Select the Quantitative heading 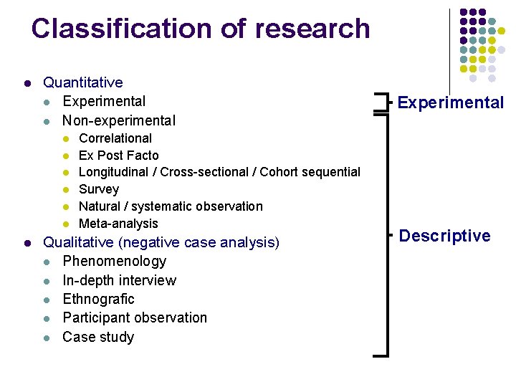83,83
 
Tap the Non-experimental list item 119,120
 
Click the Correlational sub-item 115,138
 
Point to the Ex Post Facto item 119,156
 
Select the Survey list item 99,189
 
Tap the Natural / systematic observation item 171,206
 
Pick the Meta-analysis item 118,224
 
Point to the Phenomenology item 115,262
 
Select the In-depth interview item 120,280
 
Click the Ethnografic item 99,299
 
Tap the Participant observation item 135,317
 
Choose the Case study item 99,337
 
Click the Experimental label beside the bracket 451,102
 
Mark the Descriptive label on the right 444,236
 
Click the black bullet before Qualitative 27,243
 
